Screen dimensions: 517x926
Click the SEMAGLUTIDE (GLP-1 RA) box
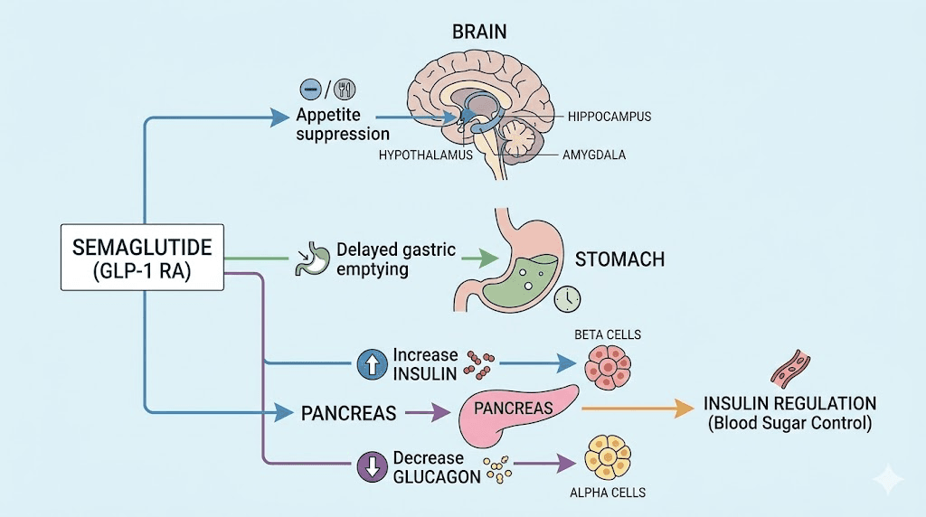tap(142, 258)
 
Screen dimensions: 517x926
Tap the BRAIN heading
tap(479, 32)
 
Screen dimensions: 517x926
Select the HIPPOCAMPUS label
tap(609, 117)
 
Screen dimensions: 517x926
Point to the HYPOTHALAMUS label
tap(426, 155)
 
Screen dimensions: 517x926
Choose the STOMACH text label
tap(619, 260)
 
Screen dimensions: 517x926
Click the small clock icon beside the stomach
tap(568, 298)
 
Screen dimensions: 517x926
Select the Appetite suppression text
tap(330, 126)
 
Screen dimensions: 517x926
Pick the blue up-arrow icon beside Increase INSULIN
tap(371, 364)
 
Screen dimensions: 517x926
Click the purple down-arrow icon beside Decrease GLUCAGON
tap(371, 465)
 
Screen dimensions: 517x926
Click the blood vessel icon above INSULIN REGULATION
tap(789, 370)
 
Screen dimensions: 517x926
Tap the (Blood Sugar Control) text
tap(789, 423)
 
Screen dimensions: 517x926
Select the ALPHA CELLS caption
tap(608, 493)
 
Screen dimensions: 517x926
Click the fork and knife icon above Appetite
tap(344, 89)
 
